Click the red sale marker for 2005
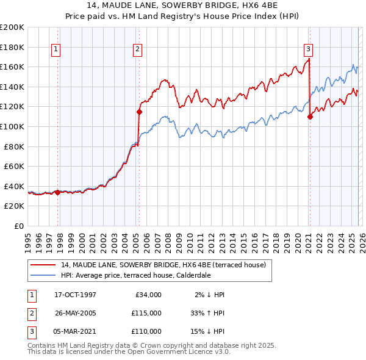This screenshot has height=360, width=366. point(139,112)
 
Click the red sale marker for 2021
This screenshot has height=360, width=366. point(310,117)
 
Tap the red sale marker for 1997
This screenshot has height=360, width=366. point(57,192)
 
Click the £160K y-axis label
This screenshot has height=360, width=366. point(12,67)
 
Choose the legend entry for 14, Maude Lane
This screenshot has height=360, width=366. point(163,265)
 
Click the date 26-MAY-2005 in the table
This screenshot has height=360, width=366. point(75,312)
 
